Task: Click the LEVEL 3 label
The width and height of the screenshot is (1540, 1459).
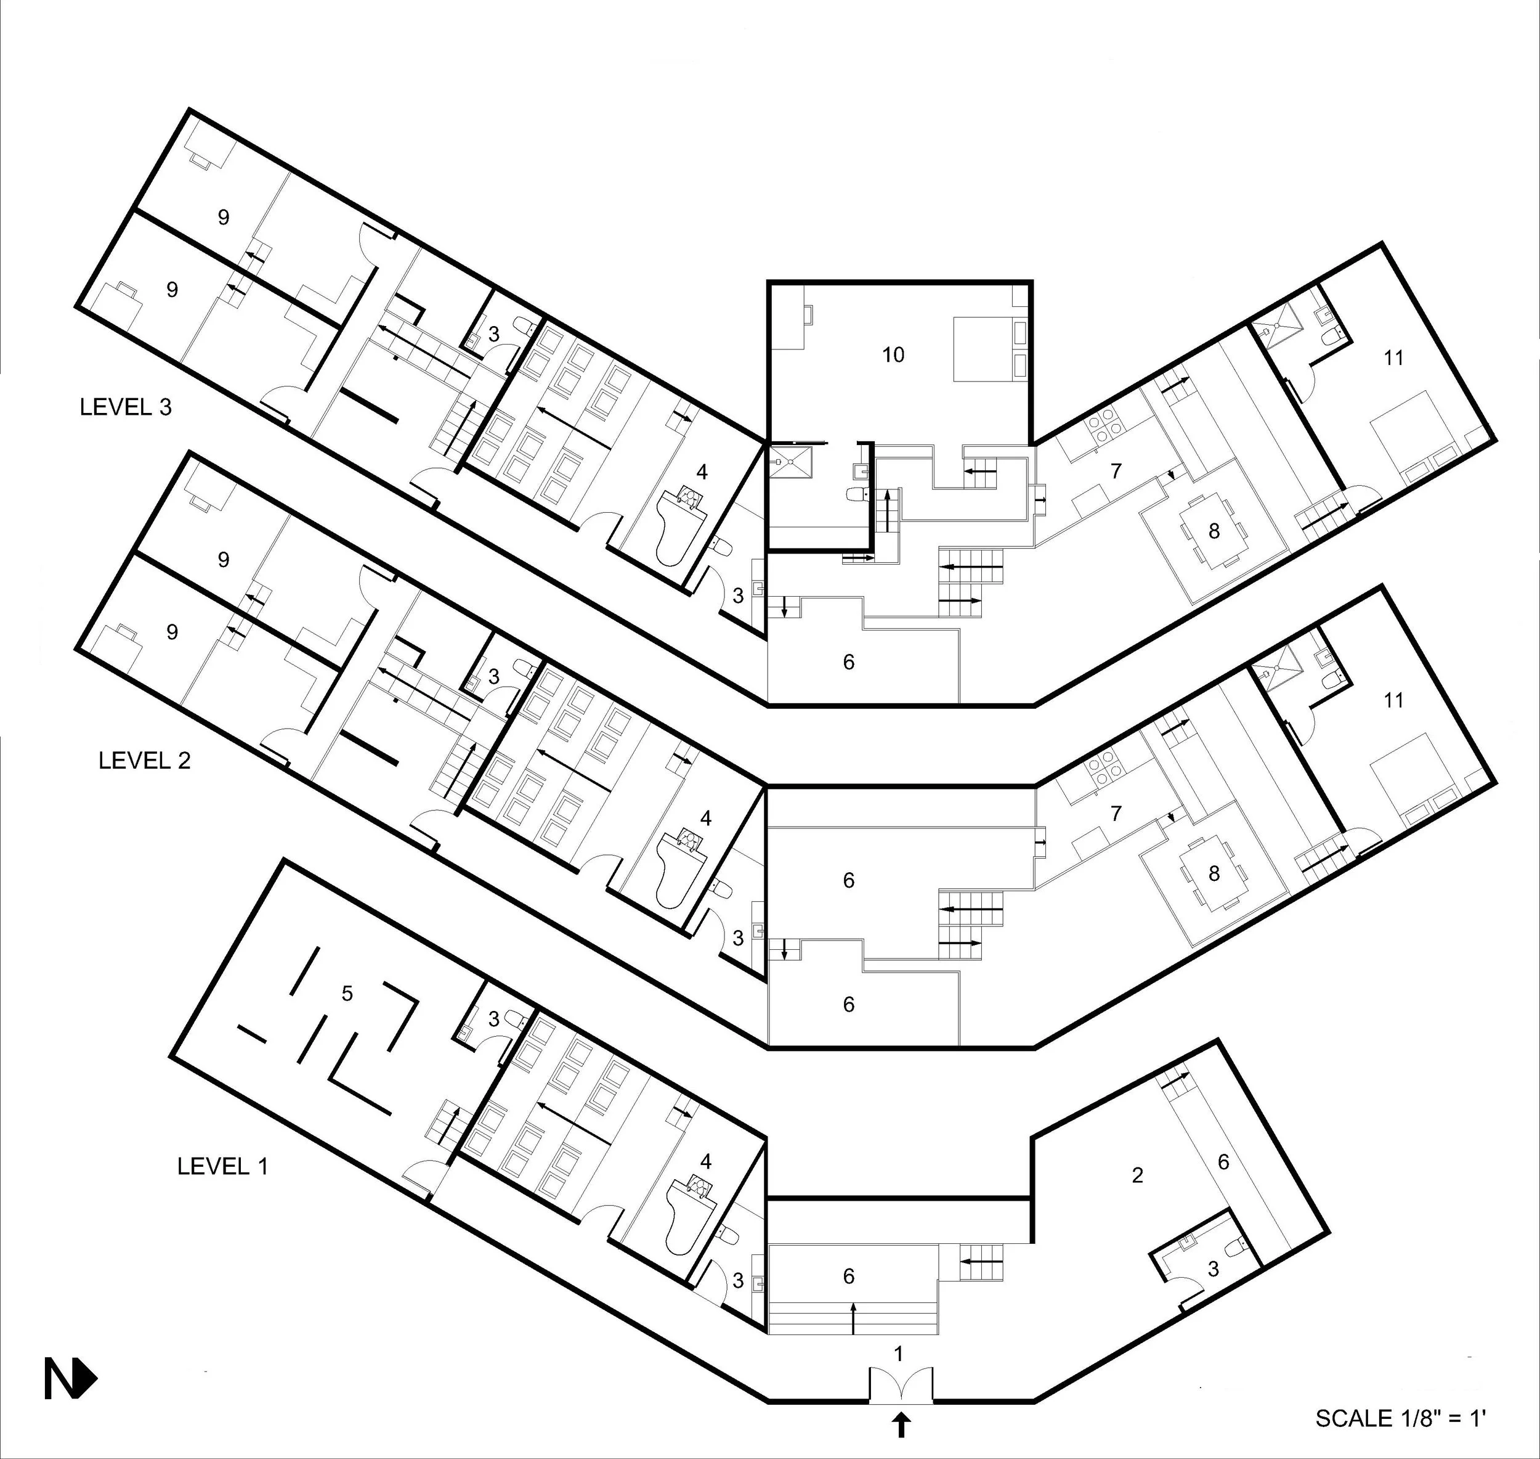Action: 125,407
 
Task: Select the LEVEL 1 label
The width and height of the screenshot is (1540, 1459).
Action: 222,1166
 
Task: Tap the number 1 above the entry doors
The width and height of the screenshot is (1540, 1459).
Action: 899,1354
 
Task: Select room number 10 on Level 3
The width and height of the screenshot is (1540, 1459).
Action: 893,354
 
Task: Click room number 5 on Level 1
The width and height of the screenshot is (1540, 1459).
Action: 347,993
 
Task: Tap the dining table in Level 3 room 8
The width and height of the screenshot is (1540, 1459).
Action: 1214,532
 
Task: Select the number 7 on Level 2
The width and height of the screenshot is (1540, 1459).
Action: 1116,814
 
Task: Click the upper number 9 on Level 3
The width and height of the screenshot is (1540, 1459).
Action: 223,217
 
